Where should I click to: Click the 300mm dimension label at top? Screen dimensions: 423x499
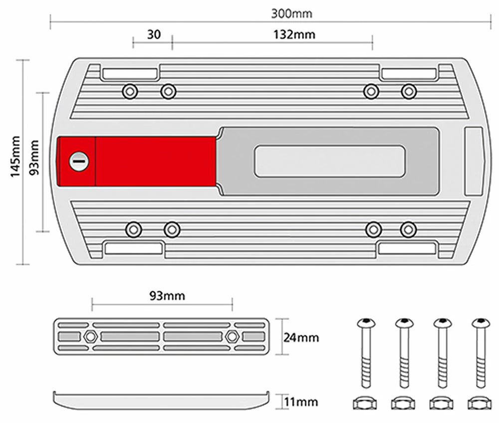[291, 13]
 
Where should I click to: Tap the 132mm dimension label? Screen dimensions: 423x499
[294, 35]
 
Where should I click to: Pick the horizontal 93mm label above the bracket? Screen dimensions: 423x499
[167, 296]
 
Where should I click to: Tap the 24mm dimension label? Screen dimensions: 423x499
[301, 338]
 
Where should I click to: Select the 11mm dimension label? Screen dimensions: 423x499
[301, 402]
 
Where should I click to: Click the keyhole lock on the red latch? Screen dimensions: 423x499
[79, 161]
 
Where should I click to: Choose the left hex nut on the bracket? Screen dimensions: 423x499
[90, 336]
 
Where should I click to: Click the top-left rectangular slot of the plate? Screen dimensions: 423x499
[129, 74]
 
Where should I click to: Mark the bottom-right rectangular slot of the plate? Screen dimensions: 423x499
[407, 248]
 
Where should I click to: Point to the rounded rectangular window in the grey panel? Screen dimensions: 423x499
[330, 161]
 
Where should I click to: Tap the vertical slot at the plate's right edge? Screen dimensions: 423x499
[473, 161]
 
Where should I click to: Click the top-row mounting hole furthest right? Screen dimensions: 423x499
[409, 91]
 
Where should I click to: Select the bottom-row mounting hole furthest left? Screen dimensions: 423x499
[133, 229]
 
